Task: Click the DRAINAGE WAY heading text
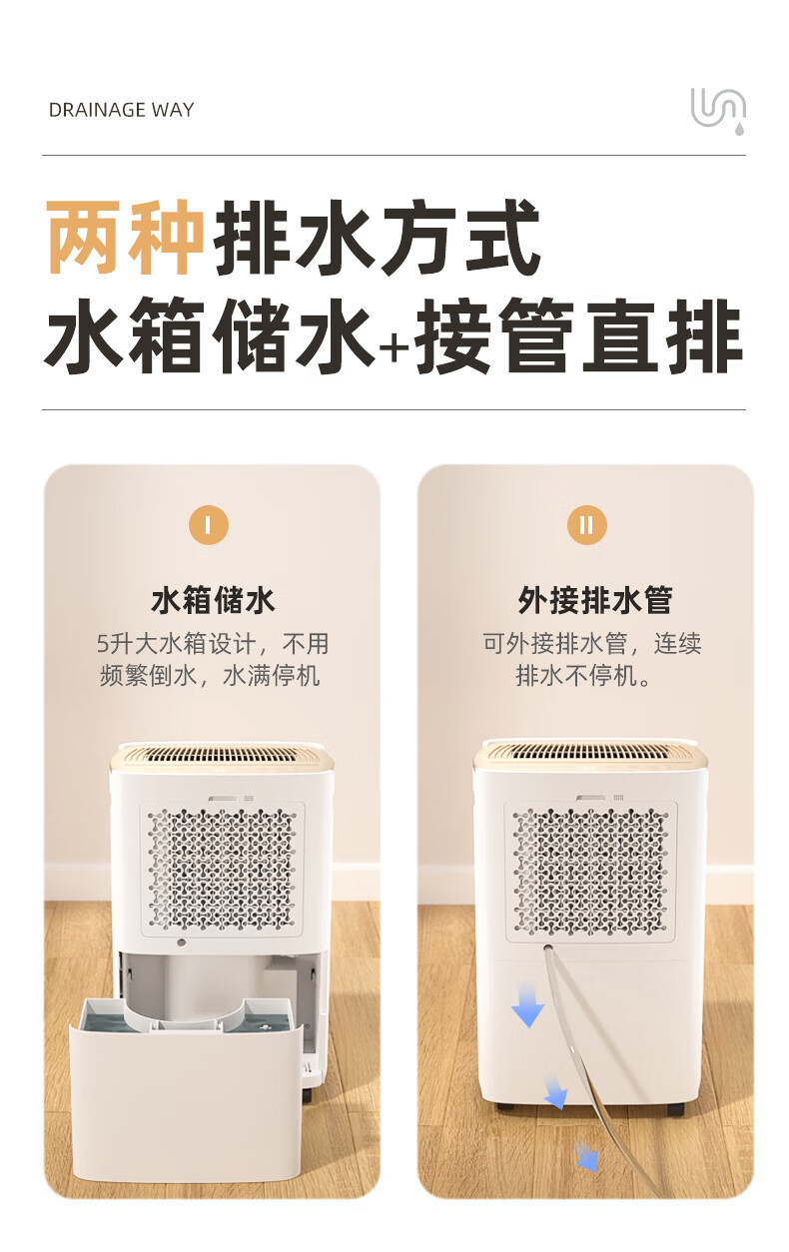point(121,110)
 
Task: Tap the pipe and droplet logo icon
point(718,111)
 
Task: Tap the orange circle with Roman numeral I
point(209,525)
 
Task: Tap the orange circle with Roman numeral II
point(586,525)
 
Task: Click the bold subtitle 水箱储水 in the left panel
point(213,601)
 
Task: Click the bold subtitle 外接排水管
point(595,601)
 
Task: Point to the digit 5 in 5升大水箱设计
point(102,644)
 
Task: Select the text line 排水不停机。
point(583,675)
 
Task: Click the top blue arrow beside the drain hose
point(528,1005)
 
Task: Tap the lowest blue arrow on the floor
point(586,1156)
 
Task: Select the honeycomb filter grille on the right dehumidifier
point(591,872)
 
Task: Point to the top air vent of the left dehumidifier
point(222,755)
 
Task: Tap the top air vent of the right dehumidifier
point(590,751)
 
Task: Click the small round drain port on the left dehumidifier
point(181,942)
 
